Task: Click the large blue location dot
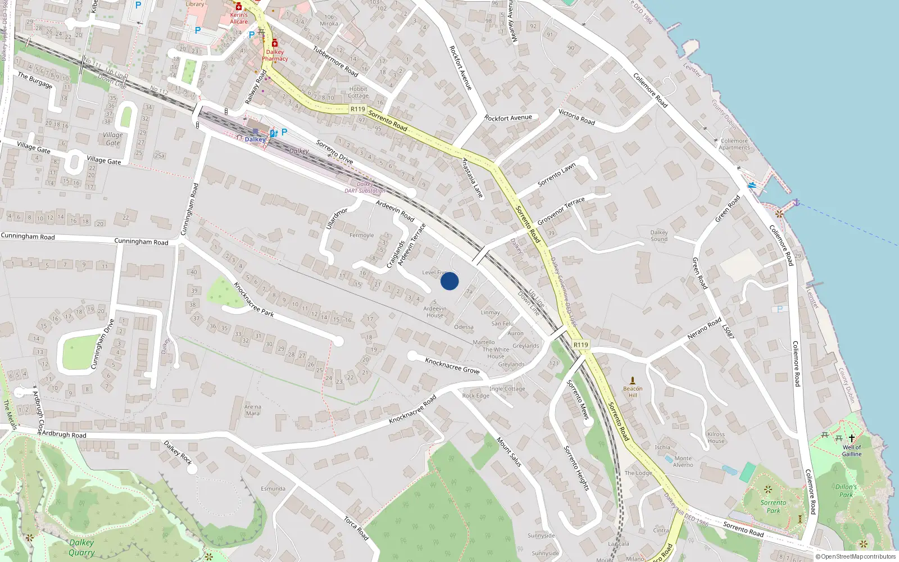(x=449, y=281)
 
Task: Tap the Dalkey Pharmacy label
(x=275, y=55)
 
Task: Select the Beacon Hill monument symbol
(x=633, y=380)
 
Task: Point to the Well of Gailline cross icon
(x=851, y=438)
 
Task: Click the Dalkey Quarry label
(x=81, y=547)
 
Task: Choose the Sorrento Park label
(x=773, y=506)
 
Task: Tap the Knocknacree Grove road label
(x=452, y=366)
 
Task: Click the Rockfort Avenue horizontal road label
(x=508, y=118)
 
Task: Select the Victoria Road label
(x=576, y=117)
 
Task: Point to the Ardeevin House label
(x=435, y=312)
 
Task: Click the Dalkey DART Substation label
(x=365, y=187)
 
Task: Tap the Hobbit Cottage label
(x=358, y=92)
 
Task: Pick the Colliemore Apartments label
(x=734, y=144)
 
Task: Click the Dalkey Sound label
(x=659, y=235)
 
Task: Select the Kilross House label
(x=716, y=437)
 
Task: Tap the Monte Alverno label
(x=683, y=461)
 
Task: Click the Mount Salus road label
(x=509, y=452)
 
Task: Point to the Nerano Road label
(x=704, y=329)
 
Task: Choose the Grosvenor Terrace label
(x=561, y=211)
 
